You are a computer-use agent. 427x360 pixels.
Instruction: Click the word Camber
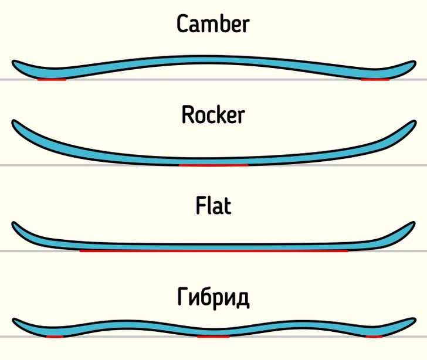coord(213,25)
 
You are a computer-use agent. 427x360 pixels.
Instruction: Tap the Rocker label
coord(213,115)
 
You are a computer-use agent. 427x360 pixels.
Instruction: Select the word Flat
coord(213,206)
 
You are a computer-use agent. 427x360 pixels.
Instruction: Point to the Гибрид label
coord(213,297)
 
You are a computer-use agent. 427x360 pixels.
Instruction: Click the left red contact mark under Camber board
coord(52,79)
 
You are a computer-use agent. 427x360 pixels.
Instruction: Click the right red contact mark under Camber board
coord(375,79)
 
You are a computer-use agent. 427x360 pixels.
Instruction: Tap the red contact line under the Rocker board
coord(213,165)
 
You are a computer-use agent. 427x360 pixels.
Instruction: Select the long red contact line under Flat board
coord(213,251)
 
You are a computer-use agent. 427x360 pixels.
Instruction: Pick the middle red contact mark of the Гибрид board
coord(213,337)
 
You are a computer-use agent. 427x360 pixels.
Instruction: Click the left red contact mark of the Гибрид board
coord(55,337)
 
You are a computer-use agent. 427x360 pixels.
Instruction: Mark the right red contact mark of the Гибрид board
coord(373,337)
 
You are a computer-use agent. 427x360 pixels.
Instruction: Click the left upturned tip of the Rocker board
coord(16,124)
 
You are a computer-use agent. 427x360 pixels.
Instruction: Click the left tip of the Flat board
coord(16,225)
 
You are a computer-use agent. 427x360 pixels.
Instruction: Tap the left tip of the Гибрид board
coord(16,322)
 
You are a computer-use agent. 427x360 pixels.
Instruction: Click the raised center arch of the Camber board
coord(213,61)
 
